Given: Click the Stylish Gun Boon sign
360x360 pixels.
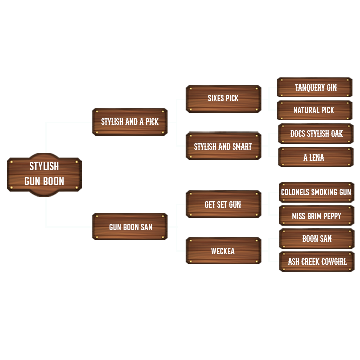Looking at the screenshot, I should [x=44, y=174].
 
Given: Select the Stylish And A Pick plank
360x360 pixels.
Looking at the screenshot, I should [x=130, y=122].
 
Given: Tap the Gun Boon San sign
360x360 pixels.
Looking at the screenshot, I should [x=130, y=227].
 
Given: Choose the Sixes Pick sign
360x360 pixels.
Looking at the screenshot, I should [x=223, y=98].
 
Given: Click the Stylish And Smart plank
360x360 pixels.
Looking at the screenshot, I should [x=223, y=147].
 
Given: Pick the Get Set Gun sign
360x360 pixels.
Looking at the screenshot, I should [x=223, y=205].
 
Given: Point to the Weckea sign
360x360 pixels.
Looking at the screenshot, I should [x=223, y=251].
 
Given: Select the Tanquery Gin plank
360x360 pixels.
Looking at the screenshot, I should [x=315, y=88].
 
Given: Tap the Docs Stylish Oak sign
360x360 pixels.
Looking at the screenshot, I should [x=316, y=134].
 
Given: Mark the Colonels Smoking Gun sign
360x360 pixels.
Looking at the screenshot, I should [x=316, y=192].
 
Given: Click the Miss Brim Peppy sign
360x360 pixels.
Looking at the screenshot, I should [x=316, y=216].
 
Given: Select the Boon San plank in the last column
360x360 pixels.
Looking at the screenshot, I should [x=317, y=239].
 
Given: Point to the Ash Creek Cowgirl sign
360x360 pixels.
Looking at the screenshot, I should [x=317, y=262].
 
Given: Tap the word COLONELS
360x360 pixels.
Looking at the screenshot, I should [x=295, y=192].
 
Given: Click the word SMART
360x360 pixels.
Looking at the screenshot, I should [x=242, y=147].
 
